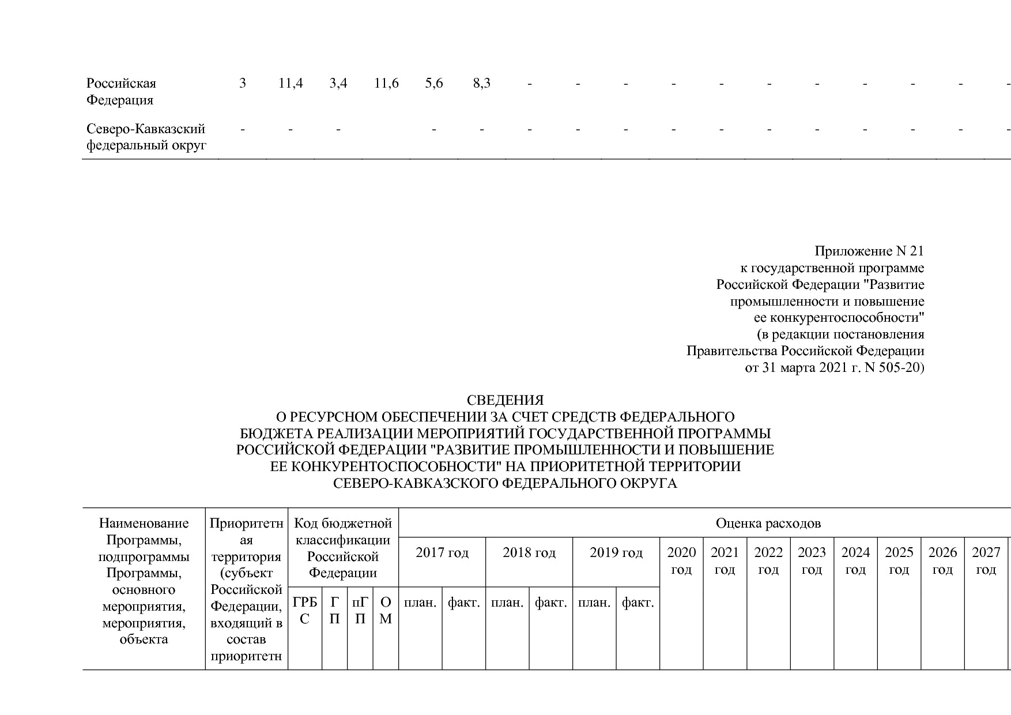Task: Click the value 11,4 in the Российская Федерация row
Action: click(291, 84)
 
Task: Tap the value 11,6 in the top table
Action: click(386, 84)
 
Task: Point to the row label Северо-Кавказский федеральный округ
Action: click(146, 137)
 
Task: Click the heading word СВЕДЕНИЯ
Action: click(505, 400)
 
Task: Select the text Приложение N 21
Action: click(869, 251)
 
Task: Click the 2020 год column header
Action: click(681, 561)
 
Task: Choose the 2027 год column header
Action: click(986, 561)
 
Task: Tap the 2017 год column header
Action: click(442, 553)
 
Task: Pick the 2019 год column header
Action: click(616, 553)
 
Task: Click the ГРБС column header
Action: click(305, 611)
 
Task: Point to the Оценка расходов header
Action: click(768, 524)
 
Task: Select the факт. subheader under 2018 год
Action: click(550, 603)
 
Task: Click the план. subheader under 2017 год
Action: click(420, 603)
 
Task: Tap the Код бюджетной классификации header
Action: click(343, 548)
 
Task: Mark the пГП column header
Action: click(360, 611)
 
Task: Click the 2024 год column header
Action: click(855, 561)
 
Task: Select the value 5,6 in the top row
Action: click(434, 84)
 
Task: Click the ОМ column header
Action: click(386, 611)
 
